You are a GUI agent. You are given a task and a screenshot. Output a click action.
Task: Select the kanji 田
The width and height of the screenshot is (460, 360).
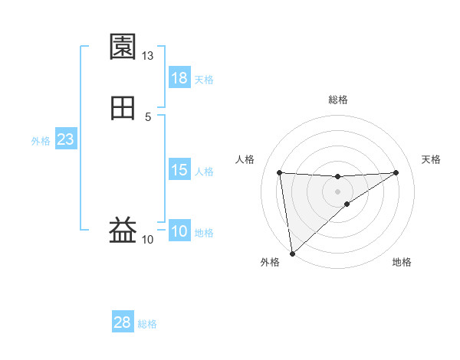(123, 108)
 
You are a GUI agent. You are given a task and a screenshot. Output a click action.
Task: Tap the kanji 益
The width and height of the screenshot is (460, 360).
(123, 229)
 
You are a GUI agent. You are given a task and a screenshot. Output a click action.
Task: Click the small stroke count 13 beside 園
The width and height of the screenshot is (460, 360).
(148, 56)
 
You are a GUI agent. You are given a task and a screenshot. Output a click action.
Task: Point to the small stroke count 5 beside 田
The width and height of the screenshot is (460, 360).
(148, 116)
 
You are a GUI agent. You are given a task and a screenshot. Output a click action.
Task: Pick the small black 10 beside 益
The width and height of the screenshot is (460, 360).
(148, 240)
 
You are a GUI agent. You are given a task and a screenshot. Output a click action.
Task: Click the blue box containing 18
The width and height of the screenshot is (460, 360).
(179, 78)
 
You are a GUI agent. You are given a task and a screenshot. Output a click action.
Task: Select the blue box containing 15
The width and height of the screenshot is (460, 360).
(179, 170)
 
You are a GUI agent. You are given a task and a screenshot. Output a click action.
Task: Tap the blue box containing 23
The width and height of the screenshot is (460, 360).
(66, 139)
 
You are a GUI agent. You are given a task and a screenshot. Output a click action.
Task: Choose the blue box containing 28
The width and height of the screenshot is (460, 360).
(123, 322)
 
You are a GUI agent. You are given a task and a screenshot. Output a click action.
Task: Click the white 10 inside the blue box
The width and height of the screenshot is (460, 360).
(179, 231)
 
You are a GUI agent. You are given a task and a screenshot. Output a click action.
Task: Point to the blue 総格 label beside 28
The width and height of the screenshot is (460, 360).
(148, 324)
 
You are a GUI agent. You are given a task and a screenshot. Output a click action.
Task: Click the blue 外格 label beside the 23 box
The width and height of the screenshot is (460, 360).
(41, 141)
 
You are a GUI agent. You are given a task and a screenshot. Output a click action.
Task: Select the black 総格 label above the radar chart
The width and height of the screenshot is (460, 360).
(338, 100)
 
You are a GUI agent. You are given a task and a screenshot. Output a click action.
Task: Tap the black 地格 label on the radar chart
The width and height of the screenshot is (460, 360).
(402, 262)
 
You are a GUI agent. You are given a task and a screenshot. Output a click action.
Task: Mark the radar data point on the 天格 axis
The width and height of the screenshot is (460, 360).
(396, 172)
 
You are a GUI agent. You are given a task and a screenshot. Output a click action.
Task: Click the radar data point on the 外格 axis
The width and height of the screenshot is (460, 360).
(292, 253)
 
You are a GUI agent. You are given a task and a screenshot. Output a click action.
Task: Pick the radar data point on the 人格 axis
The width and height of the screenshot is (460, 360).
(280, 172)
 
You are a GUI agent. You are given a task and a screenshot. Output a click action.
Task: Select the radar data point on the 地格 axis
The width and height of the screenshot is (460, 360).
(347, 204)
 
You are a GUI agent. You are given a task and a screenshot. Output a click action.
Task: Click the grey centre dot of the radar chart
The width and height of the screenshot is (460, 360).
(338, 190)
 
